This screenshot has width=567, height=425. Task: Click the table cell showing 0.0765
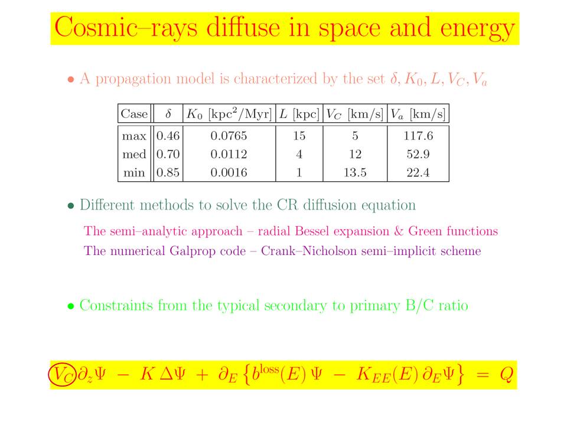click(229, 136)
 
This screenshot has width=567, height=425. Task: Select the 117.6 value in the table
click(418, 136)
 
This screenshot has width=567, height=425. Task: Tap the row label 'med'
click(134, 154)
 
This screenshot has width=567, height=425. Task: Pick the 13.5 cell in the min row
click(355, 172)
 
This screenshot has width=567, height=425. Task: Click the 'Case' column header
click(134, 114)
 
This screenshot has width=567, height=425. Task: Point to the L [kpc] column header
click(299, 114)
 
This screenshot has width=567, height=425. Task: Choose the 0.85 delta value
click(168, 172)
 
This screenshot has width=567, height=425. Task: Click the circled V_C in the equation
click(62, 374)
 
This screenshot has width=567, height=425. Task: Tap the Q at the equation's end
click(506, 374)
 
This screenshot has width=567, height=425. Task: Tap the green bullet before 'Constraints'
click(71, 307)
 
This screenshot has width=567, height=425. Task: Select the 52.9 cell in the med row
click(418, 154)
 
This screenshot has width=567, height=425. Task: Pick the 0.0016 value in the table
click(229, 172)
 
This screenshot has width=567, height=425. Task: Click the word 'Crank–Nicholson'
click(309, 251)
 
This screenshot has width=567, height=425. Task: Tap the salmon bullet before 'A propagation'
click(71, 80)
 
